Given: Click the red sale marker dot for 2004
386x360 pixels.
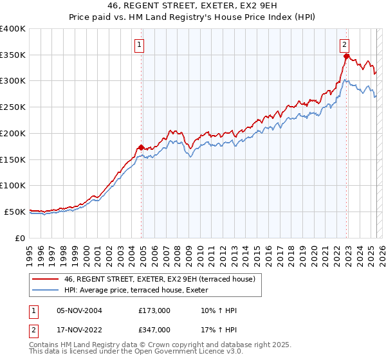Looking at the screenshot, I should (142, 147).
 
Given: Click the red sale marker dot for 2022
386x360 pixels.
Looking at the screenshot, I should (346, 57).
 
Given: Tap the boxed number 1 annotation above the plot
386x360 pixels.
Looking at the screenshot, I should (139, 44).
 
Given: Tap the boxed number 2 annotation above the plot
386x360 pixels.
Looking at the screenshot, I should (345, 44).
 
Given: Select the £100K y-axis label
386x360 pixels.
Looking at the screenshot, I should (13, 185).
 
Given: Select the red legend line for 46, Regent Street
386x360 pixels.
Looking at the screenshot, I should (46, 279).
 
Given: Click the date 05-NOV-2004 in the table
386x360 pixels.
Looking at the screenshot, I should (79, 310).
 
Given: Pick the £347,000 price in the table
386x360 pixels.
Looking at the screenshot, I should (154, 330).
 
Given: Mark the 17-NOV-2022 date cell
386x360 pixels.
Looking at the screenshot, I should (79, 330).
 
